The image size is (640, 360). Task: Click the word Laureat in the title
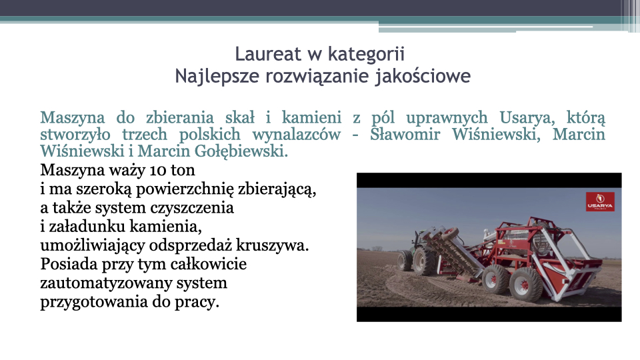[268, 54]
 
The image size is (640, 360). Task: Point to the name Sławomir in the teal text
[405, 134]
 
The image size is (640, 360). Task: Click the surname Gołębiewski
[241, 151]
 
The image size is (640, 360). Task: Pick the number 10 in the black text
[158, 170]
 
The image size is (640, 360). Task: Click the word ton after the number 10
[183, 171]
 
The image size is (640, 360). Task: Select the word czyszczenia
[192, 208]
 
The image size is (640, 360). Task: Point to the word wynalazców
[296, 134]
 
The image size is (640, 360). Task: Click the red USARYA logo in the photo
[600, 201]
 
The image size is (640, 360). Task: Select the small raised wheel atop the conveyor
[449, 234]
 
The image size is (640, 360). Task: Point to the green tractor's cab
[421, 238]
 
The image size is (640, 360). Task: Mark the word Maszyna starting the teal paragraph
[73, 118]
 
